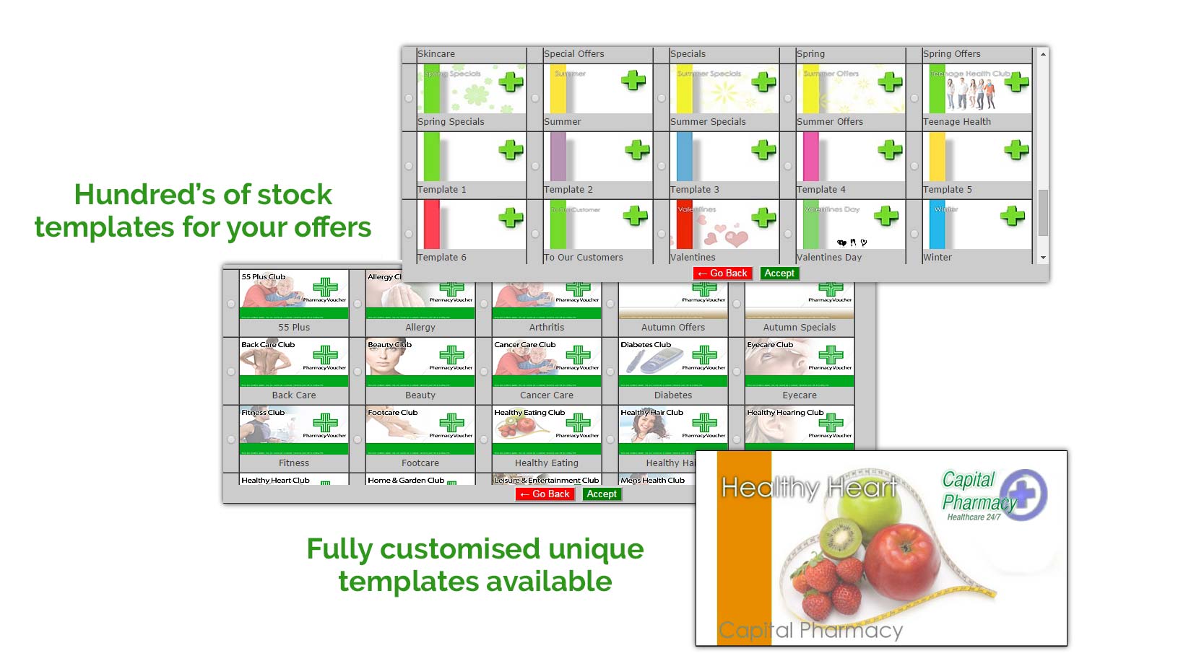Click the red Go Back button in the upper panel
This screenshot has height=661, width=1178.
(722, 273)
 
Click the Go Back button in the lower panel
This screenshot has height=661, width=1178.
(545, 494)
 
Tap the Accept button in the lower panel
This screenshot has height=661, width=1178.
(602, 494)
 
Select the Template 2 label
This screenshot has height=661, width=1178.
(568, 190)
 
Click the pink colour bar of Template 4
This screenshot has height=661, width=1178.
(811, 157)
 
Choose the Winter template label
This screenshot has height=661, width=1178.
(937, 258)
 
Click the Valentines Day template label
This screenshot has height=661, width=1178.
(829, 258)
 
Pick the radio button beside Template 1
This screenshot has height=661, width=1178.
(409, 166)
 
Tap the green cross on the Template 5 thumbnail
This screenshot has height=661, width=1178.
(1016, 150)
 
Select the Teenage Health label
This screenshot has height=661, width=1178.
(957, 122)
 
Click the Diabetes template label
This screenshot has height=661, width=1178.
(673, 395)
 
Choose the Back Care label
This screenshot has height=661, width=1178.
(294, 395)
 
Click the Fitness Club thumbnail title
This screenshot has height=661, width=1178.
(263, 413)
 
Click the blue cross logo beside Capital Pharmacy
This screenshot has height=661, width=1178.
(1023, 494)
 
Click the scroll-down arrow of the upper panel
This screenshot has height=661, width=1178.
(1043, 258)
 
